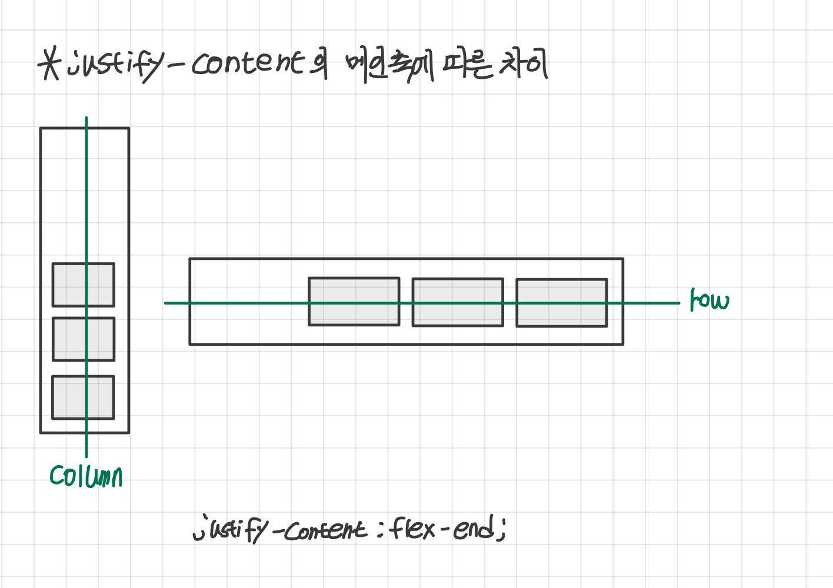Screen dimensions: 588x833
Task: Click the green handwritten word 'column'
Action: [86, 477]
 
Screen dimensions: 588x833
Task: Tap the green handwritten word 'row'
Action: [709, 300]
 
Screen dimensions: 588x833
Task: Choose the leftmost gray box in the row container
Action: [354, 302]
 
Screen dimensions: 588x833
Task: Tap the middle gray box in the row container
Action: [458, 302]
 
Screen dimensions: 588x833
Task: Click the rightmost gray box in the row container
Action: [562, 303]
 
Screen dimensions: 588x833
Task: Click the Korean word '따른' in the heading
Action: [467, 65]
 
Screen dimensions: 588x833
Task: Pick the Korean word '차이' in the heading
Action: [524, 64]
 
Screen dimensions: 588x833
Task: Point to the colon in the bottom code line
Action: [378, 530]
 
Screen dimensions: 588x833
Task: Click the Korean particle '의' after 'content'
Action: [318, 64]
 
